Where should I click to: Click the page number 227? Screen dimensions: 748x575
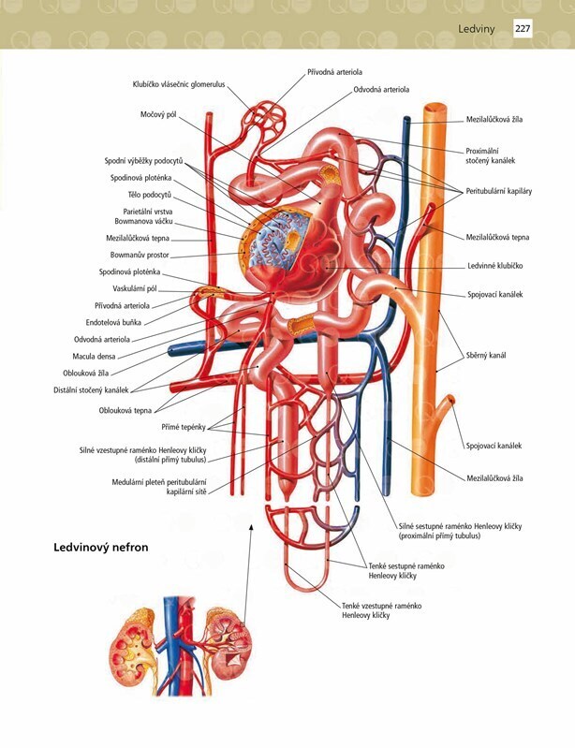[523, 29]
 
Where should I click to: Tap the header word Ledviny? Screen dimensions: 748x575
[478, 30]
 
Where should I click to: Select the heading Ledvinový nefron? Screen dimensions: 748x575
[101, 547]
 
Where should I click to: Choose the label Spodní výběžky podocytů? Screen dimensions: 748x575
[143, 161]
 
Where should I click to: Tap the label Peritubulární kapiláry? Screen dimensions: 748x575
[499, 191]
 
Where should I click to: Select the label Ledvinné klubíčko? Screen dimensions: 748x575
[494, 266]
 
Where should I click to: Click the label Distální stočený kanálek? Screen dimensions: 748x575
[91, 389]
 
